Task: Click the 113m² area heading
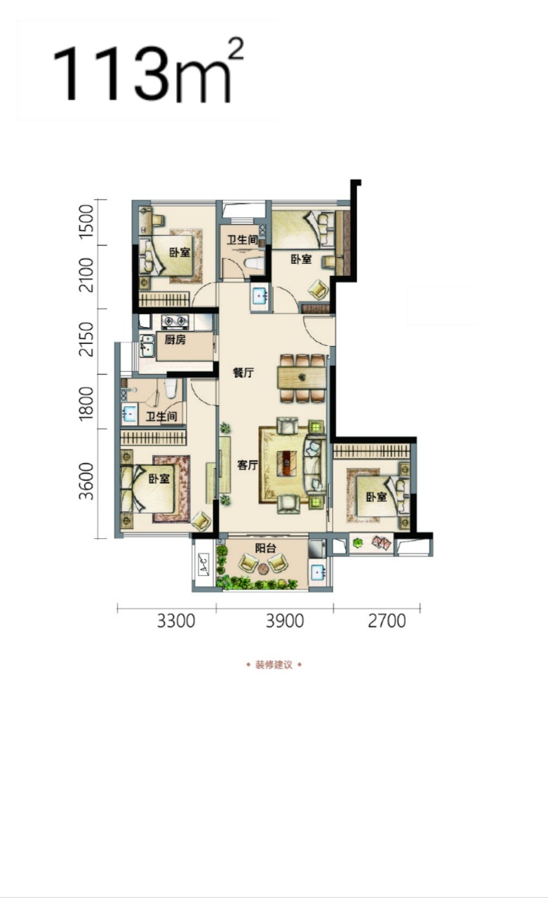point(148,71)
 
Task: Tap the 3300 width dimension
point(175,621)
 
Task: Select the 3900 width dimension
point(285,621)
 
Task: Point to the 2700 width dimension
point(387,621)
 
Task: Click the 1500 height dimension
point(86,222)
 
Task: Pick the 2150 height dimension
point(86,340)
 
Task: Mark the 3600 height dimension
point(86,481)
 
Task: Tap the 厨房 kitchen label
point(175,340)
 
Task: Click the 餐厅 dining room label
point(243,373)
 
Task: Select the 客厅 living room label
point(248,465)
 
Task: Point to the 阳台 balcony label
point(265,548)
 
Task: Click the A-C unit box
point(203,564)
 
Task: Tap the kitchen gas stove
point(175,321)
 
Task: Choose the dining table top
point(302,377)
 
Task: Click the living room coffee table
point(287,464)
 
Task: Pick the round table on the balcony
point(263,568)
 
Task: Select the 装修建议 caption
point(274,665)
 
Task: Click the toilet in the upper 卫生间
point(254,263)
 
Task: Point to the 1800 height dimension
point(86,403)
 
